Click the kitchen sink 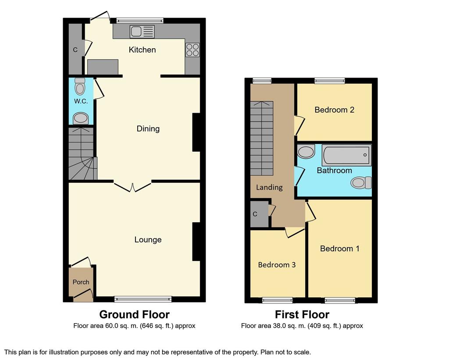[142, 32]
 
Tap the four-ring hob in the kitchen [192, 50]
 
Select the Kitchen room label [143, 50]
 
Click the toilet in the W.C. [80, 86]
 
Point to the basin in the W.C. [80, 118]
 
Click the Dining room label [148, 128]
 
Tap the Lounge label [148, 240]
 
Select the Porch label [81, 282]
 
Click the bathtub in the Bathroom [347, 155]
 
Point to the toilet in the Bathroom [361, 183]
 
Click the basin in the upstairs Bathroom [306, 152]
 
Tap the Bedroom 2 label [335, 110]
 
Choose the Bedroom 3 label [277, 265]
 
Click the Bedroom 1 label [340, 248]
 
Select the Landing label [269, 188]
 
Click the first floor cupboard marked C [260, 214]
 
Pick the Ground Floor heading [134, 314]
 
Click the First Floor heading [302, 314]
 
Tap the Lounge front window [143, 299]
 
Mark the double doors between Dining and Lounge [132, 186]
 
